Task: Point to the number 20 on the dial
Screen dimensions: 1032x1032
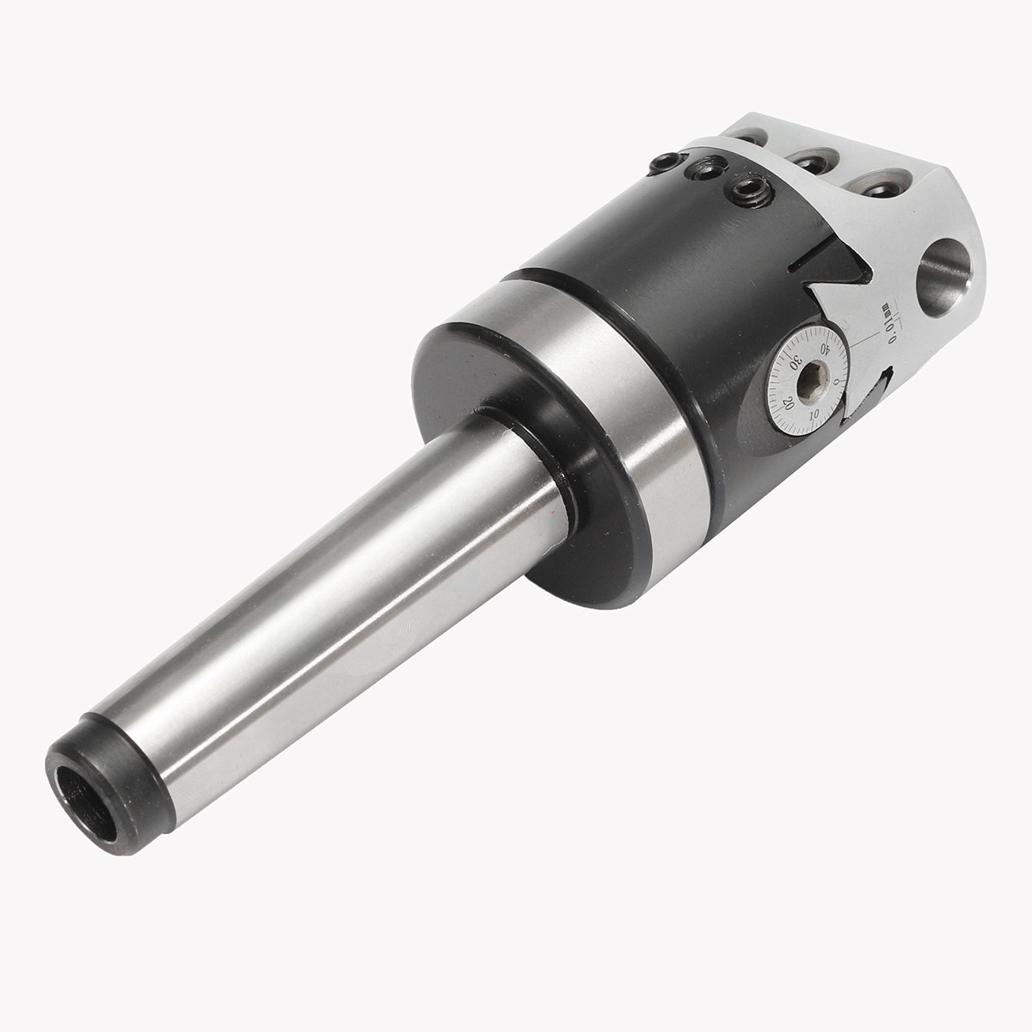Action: pos(785,402)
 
